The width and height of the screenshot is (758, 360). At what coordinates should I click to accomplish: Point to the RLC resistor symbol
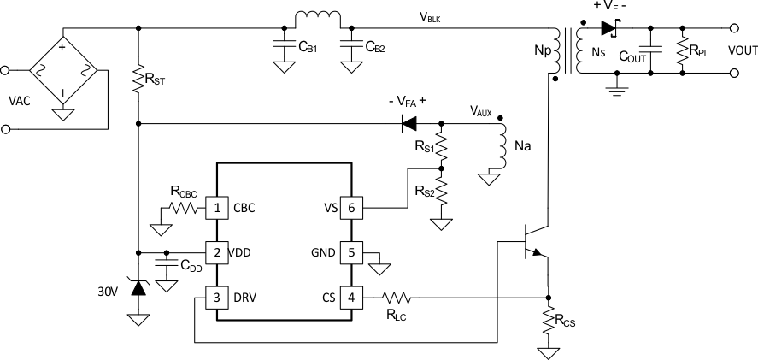coord(397,298)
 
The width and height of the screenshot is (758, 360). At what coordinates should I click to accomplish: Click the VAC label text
coord(18,100)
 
